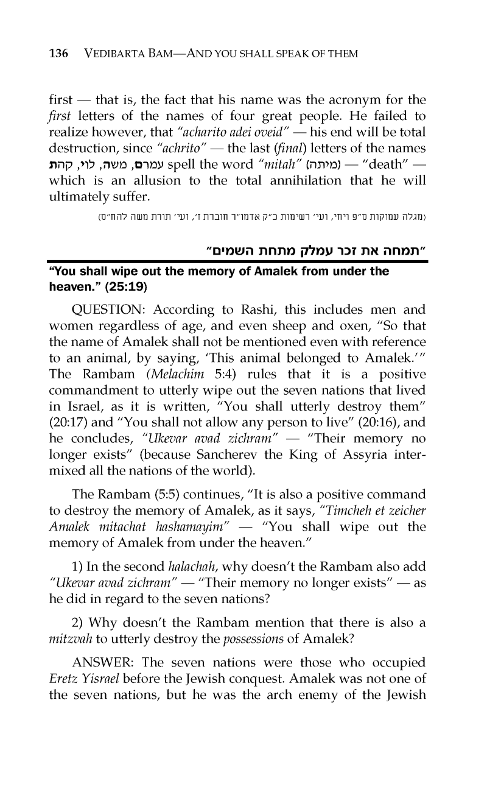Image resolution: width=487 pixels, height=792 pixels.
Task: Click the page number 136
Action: click(58, 54)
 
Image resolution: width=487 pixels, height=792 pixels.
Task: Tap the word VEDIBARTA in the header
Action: click(117, 54)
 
